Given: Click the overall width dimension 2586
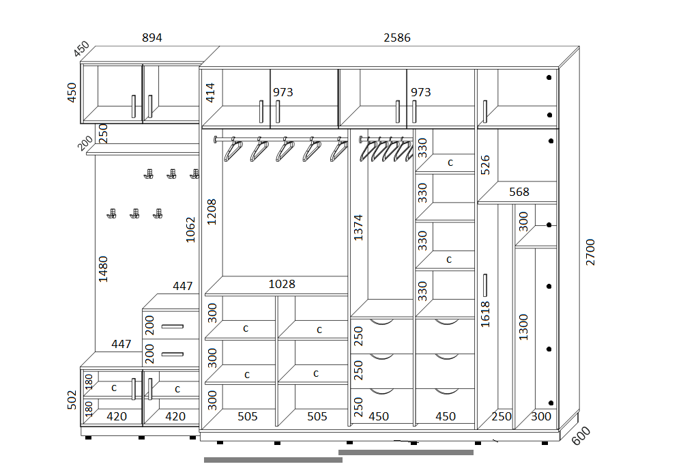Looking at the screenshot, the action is tap(397, 38).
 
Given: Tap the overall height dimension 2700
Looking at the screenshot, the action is tap(590, 252).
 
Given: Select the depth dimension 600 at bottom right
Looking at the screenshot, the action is tap(581, 435).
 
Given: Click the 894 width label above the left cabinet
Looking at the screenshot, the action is tap(151, 38).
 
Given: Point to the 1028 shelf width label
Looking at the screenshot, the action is tap(282, 284).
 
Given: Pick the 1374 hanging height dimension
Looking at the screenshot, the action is tap(358, 228).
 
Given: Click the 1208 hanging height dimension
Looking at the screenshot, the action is tap(212, 212).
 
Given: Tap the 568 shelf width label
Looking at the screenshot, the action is tap(519, 192).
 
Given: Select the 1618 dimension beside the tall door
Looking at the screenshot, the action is tap(485, 315).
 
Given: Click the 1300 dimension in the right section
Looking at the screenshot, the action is tap(524, 327).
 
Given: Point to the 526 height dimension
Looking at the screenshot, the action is tap(485, 164).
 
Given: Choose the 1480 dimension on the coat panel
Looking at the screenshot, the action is tap(103, 269).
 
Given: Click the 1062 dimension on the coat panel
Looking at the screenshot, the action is tap(190, 230).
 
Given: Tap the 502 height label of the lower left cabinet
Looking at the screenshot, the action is tap(72, 399).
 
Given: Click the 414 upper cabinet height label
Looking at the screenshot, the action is tap(210, 93).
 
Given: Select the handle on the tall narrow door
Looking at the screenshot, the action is tap(484, 285).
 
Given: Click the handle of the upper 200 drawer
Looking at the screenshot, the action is tap(172, 327).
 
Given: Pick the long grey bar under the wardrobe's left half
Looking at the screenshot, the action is tap(273, 460).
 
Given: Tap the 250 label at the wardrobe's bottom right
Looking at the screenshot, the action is tap(501, 416).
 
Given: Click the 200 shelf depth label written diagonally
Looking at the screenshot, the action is tap(85, 143).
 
